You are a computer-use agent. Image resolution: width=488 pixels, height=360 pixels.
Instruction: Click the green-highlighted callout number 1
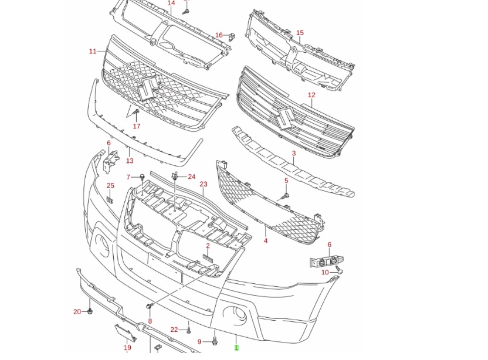coord(236,347)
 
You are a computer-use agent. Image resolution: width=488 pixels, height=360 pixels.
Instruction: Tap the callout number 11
coord(93,52)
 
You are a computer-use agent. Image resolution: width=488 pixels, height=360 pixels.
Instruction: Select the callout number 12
coord(311,95)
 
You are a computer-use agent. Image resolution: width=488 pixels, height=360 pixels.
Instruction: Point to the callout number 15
coord(300,33)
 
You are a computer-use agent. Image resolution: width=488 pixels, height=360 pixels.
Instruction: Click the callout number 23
coord(203,184)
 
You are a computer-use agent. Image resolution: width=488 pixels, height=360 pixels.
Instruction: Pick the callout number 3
coord(294,154)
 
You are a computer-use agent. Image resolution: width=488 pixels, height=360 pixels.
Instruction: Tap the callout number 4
coord(266,240)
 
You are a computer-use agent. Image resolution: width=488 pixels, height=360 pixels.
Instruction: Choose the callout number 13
coord(130,161)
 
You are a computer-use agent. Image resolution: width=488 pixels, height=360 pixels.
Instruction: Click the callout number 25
coord(110,185)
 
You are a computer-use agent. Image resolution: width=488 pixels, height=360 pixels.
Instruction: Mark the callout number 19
coord(127,348)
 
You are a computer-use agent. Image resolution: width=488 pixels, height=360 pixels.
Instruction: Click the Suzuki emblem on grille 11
coord(147,89)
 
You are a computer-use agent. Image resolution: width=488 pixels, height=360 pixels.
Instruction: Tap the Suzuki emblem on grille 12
coord(285,118)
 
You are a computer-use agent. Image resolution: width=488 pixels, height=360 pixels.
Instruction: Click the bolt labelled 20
coord(90,311)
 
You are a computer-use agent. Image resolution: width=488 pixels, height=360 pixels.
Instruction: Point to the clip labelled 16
coord(231,37)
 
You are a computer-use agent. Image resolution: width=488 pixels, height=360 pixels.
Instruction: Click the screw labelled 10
coord(340,271)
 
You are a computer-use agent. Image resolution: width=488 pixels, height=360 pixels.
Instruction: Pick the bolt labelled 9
coord(215,341)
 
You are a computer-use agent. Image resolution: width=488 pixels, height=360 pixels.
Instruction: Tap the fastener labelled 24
coord(175,177)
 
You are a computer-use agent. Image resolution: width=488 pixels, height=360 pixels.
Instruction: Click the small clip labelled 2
coord(208,258)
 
